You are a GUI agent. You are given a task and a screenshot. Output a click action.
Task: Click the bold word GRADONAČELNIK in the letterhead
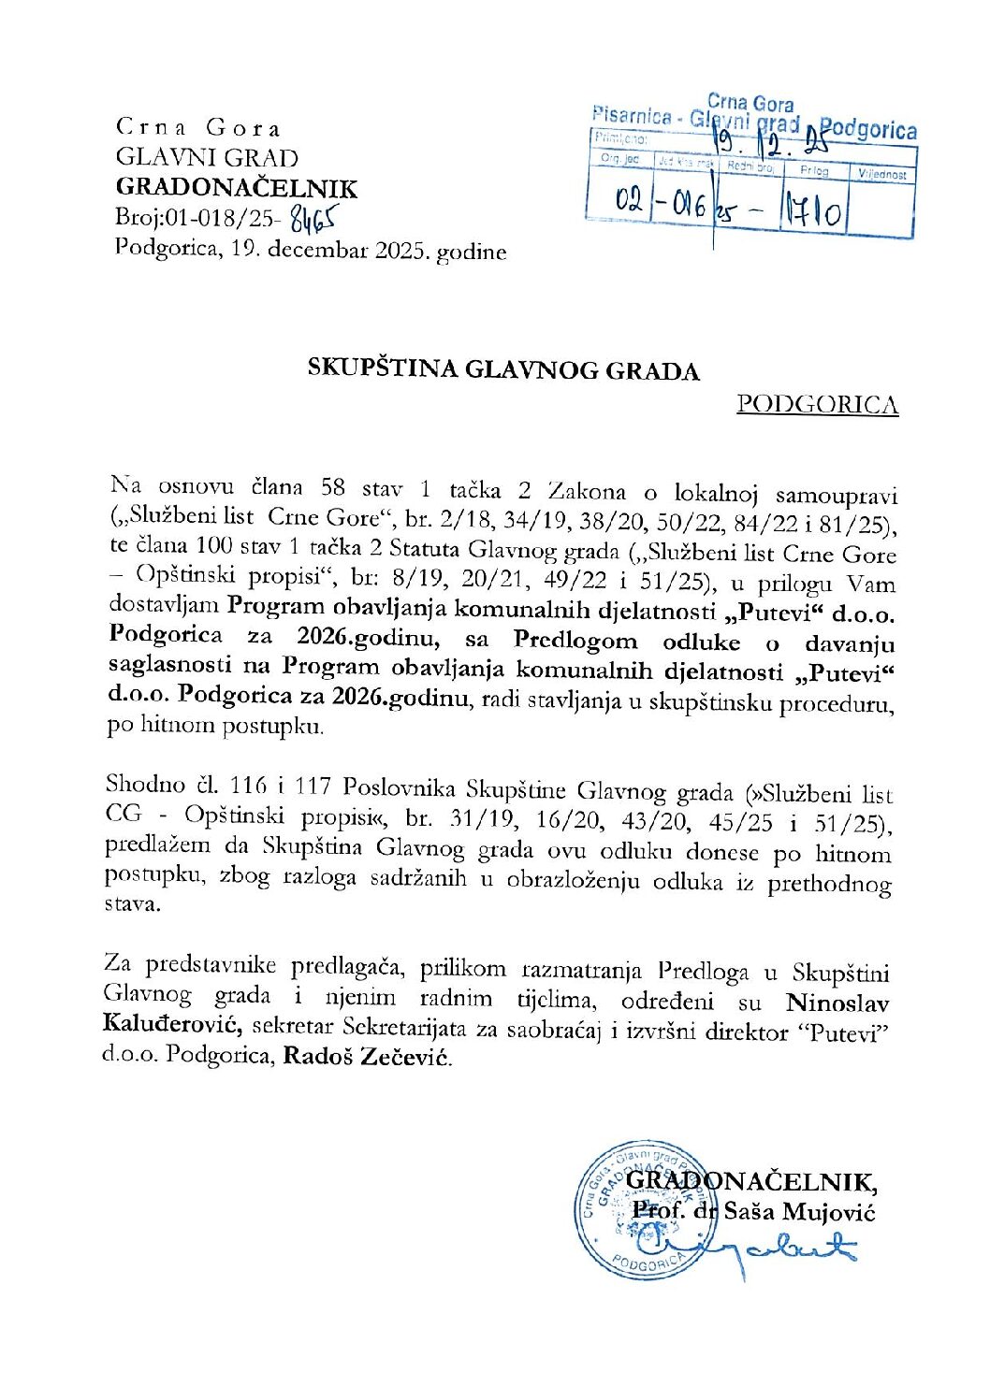click(x=236, y=188)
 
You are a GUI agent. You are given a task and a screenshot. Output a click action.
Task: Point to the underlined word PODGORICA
click(x=817, y=404)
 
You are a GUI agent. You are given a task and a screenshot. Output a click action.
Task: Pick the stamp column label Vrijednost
click(x=881, y=175)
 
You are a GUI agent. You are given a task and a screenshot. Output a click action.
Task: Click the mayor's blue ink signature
click(x=749, y=1248)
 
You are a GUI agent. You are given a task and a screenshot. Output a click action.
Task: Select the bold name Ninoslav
click(x=837, y=1003)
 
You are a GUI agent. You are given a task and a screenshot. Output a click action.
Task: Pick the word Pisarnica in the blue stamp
click(x=633, y=116)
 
